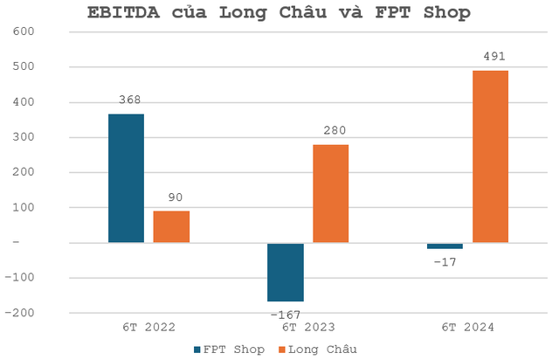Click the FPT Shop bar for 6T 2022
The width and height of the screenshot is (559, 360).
click(126, 178)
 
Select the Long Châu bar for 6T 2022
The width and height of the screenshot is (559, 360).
click(171, 226)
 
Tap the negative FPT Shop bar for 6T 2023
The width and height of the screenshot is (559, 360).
click(286, 272)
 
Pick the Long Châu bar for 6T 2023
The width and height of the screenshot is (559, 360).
click(330, 193)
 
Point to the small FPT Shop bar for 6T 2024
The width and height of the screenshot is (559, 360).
click(445, 246)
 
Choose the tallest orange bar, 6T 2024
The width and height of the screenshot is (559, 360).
click(490, 156)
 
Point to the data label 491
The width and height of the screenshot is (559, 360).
click(493, 58)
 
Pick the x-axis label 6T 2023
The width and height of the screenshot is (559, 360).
click(307, 328)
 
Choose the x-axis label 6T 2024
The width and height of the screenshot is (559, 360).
click(467, 328)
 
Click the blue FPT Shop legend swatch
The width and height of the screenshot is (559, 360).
click(196, 349)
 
